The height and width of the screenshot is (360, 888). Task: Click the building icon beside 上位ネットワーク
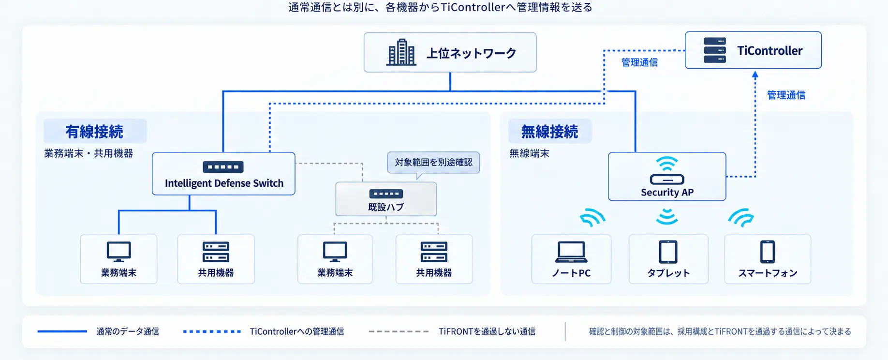coord(401,52)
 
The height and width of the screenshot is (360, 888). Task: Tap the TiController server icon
coord(715,50)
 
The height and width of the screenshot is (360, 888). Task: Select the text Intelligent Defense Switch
coord(224,183)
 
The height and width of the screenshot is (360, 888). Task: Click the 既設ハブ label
coord(386,207)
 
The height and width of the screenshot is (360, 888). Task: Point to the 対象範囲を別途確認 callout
coord(433,163)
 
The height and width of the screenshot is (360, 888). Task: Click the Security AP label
coord(667,193)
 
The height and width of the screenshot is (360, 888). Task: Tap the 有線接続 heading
coord(94,132)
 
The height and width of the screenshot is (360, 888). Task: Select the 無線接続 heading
coord(549,132)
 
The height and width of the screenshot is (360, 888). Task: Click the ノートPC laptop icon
coord(571,252)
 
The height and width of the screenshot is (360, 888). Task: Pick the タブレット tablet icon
coord(668,252)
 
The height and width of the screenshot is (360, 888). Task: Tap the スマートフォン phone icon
coord(767,252)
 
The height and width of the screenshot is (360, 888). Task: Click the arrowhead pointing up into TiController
coord(755,75)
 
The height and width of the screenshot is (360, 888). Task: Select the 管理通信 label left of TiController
coord(639,62)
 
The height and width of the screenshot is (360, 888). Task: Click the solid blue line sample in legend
coord(62,331)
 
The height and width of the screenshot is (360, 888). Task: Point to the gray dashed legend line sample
coord(399,331)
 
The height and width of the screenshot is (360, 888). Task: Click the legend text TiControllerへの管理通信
coord(297,331)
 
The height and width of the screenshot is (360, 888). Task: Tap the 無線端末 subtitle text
coord(529,153)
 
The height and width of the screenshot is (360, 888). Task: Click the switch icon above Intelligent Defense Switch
coord(223,167)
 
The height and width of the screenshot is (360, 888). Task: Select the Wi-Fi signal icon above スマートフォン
coord(741,218)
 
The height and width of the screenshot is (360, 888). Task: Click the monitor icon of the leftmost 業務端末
coord(118,252)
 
